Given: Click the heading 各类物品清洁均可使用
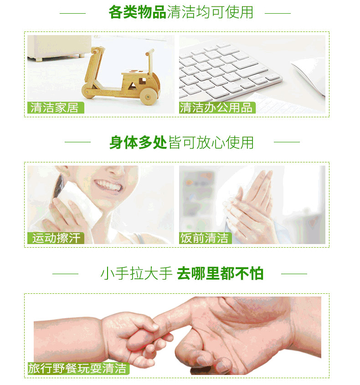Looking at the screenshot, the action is (x=181, y=12).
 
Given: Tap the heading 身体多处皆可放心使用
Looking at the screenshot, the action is (x=181, y=142).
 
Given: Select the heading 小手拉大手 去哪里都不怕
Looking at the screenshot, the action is (x=182, y=273).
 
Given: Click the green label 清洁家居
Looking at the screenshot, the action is (x=56, y=108).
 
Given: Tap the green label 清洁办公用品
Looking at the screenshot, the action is (x=217, y=108).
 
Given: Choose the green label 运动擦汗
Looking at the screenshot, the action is (x=56, y=238).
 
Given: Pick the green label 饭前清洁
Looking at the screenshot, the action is (x=205, y=238).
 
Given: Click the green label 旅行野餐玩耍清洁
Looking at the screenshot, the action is (x=78, y=368).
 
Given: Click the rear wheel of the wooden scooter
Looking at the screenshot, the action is (x=148, y=96).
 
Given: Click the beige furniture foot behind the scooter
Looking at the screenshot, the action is (x=38, y=59).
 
